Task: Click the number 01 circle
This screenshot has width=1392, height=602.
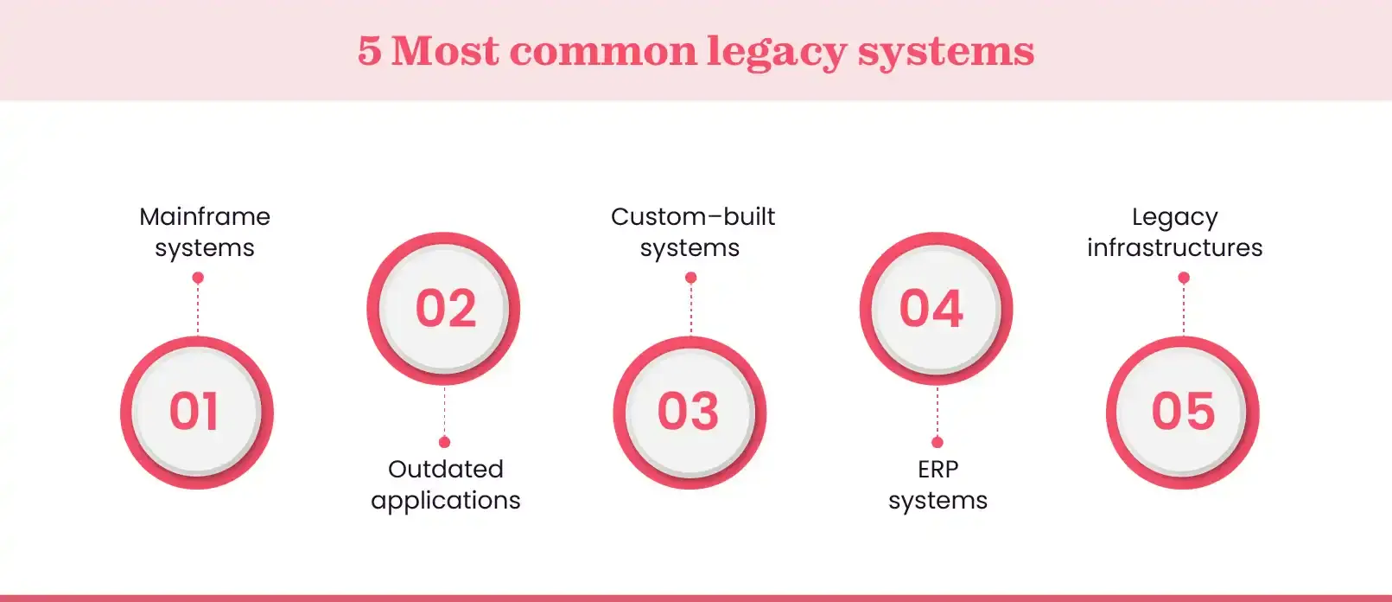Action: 197,412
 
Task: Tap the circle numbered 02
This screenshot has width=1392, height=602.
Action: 444,308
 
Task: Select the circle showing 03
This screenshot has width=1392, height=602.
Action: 690,412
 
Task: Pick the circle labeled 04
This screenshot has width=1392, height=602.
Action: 937,308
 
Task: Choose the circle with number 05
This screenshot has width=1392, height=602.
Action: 1183,412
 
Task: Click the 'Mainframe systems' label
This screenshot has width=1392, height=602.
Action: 205,232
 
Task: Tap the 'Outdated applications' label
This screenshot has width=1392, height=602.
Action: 445,484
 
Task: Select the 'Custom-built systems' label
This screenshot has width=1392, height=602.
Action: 692,232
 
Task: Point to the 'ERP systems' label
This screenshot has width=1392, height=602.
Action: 938,484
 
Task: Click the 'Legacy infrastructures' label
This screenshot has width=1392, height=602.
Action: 1174,232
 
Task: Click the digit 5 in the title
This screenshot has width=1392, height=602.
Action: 369,51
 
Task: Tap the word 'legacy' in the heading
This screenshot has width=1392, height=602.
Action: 776,51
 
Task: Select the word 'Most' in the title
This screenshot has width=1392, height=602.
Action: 445,51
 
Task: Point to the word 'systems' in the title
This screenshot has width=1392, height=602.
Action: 945,51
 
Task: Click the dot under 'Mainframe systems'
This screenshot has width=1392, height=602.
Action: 198,278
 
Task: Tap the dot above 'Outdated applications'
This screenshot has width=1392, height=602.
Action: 444,442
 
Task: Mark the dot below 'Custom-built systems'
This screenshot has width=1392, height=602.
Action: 690,278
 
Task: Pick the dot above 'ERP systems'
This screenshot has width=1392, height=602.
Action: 938,442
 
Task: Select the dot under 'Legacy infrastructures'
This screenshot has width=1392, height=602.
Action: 1184,278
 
